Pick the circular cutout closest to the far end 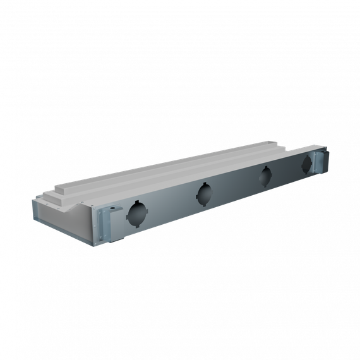click(306, 165)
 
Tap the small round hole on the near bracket click(114, 208)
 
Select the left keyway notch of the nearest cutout click(128, 215)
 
